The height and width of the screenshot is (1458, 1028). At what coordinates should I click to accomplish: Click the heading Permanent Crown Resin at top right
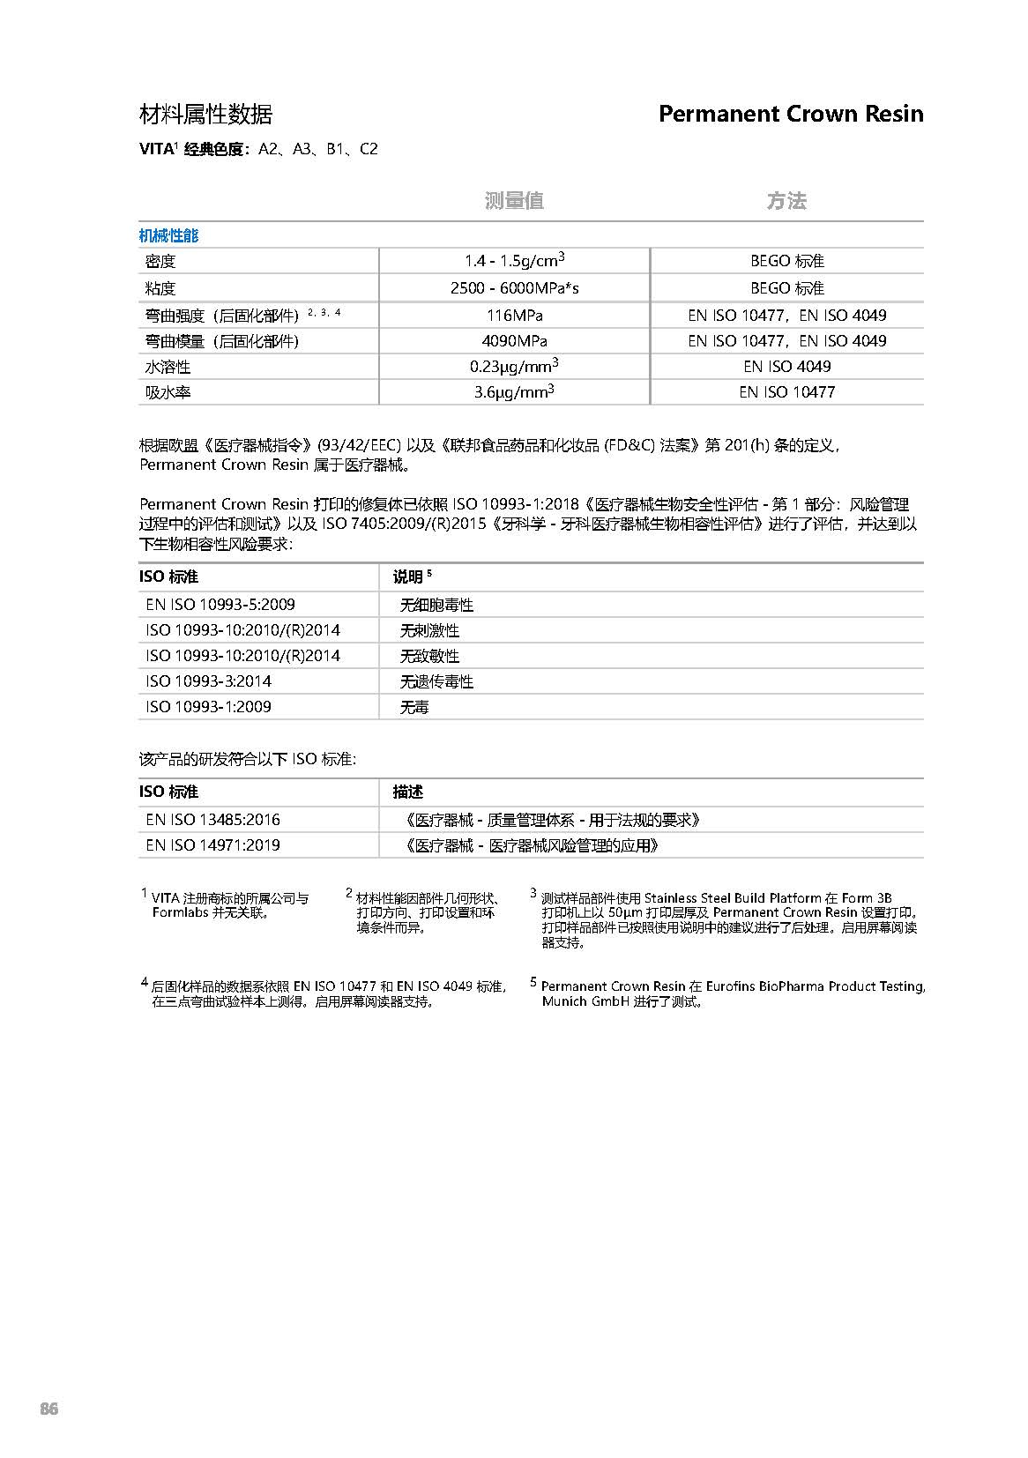pyautogui.click(x=790, y=114)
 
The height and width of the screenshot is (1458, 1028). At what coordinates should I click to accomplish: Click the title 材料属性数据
pyautogui.click(x=206, y=114)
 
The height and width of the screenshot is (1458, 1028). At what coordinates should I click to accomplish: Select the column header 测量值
pyautogui.click(x=514, y=201)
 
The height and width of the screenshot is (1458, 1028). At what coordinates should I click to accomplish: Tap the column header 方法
pyautogui.click(x=786, y=201)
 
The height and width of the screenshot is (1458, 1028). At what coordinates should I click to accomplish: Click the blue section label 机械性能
pyautogui.click(x=168, y=235)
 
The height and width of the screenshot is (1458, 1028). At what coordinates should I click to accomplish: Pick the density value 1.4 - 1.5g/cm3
pyautogui.click(x=514, y=261)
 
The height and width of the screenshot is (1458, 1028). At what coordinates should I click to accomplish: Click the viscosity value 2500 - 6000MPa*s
pyautogui.click(x=514, y=288)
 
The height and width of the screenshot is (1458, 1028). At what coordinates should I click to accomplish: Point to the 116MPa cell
pyautogui.click(x=514, y=315)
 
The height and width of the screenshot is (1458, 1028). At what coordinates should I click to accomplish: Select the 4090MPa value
pyautogui.click(x=514, y=340)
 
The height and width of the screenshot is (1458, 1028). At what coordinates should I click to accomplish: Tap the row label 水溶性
pyautogui.click(x=168, y=367)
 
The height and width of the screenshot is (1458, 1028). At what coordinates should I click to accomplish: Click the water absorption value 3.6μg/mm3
pyautogui.click(x=514, y=392)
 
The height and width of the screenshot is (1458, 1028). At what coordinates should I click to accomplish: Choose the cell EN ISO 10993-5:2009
pyautogui.click(x=220, y=605)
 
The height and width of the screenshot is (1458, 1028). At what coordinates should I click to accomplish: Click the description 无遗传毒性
pyautogui.click(x=436, y=681)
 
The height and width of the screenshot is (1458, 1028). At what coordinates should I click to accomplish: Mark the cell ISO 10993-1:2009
pyautogui.click(x=208, y=707)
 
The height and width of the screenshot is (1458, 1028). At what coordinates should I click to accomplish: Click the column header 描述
pyautogui.click(x=407, y=792)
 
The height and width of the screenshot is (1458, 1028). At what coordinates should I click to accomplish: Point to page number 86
pyautogui.click(x=49, y=1409)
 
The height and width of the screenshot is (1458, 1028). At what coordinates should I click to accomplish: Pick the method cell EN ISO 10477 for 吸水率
pyautogui.click(x=786, y=392)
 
